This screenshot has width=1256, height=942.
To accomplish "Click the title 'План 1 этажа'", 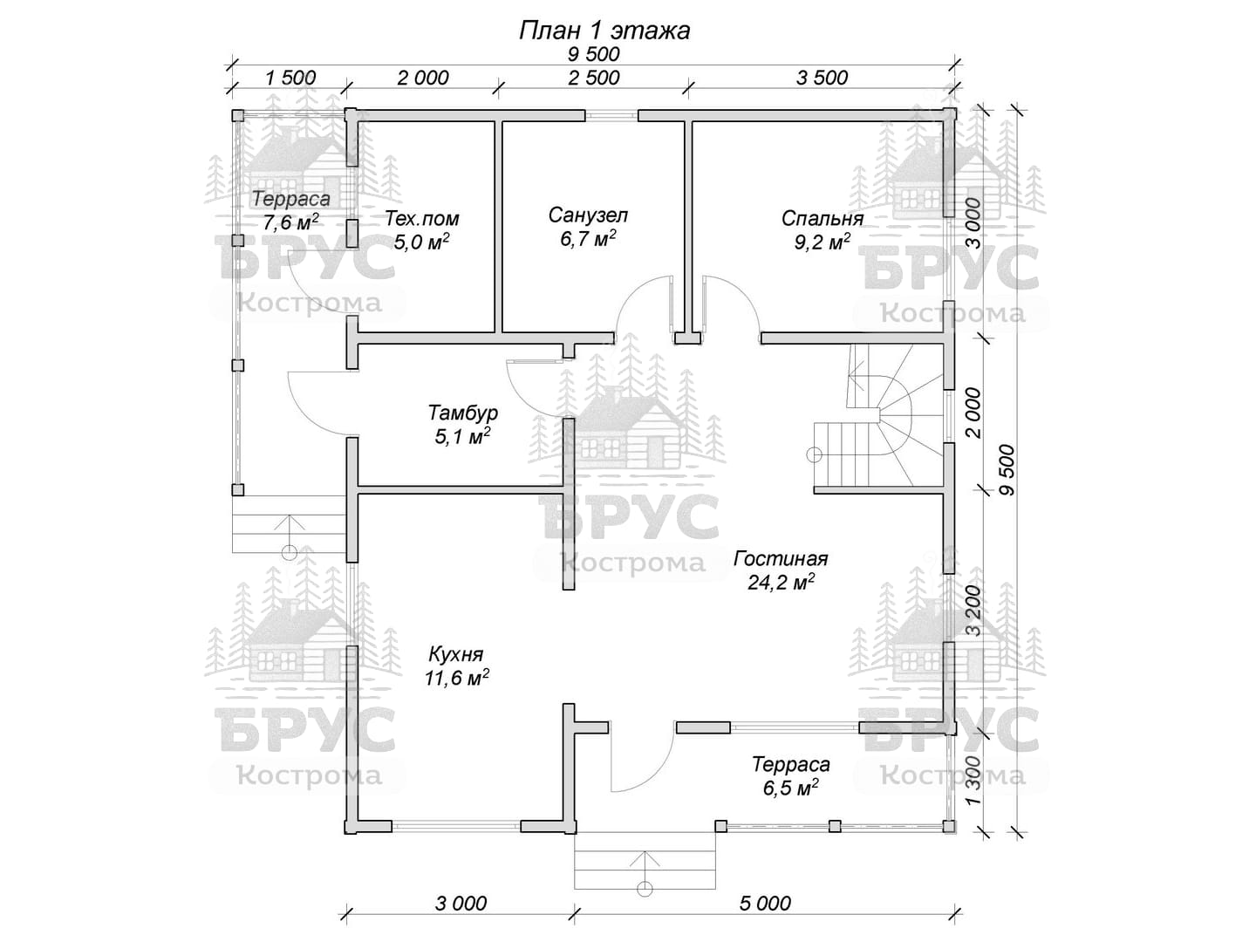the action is [604, 31].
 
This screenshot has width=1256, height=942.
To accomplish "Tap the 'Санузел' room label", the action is [588, 215].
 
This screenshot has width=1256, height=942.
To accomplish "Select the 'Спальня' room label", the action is [822, 218].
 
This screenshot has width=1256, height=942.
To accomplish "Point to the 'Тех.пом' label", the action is [421, 218].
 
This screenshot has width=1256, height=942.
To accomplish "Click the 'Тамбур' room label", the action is [462, 413].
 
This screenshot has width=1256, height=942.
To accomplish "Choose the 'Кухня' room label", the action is [455, 653].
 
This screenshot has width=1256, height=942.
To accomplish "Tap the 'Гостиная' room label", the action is [781, 558].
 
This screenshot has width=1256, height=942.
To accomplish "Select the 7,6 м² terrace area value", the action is [290, 222].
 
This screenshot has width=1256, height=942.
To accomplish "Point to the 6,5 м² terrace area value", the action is [790, 788].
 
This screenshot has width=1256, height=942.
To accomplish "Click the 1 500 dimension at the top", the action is [290, 78].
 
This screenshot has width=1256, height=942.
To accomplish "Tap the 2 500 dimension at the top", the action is [593, 78].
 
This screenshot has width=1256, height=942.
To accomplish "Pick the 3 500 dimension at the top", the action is [822, 78].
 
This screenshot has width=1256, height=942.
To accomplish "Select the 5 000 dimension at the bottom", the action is [765, 903].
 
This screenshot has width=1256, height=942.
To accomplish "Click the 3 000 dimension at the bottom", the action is [461, 903].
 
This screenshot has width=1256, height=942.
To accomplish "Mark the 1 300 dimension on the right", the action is [973, 780].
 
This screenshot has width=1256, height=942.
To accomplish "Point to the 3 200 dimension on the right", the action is [973, 610].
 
